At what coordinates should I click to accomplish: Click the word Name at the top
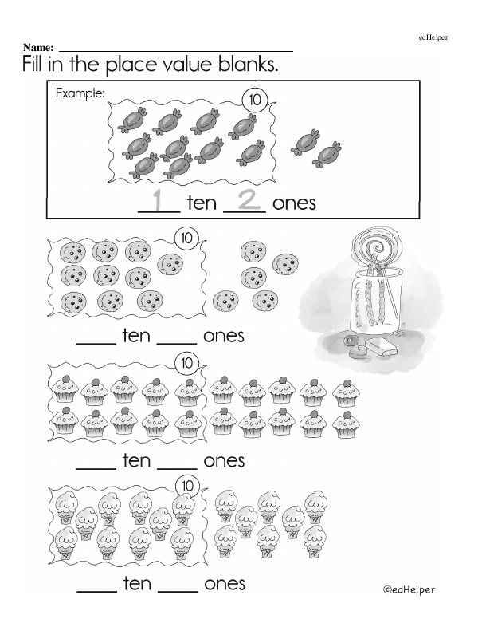(x=37, y=47)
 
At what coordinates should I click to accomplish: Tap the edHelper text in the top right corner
(x=433, y=37)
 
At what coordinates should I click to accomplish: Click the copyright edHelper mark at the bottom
(x=409, y=589)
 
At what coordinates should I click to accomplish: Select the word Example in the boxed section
(x=80, y=93)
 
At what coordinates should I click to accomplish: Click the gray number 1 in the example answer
(x=158, y=199)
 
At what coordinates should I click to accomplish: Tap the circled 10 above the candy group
(x=255, y=100)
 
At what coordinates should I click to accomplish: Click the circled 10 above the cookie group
(x=186, y=238)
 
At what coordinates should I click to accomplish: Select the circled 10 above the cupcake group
(x=186, y=363)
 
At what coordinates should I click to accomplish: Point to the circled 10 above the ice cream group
(x=187, y=486)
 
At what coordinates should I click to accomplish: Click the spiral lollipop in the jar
(x=372, y=247)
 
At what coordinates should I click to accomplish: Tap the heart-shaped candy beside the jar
(x=358, y=353)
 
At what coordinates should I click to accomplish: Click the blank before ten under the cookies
(x=96, y=344)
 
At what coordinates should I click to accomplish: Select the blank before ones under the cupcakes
(x=177, y=468)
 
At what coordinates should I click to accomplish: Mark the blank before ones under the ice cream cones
(x=178, y=591)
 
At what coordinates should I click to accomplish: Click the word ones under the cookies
(x=224, y=337)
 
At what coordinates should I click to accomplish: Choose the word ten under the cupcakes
(x=136, y=460)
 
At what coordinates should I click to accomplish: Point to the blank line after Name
(x=176, y=51)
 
